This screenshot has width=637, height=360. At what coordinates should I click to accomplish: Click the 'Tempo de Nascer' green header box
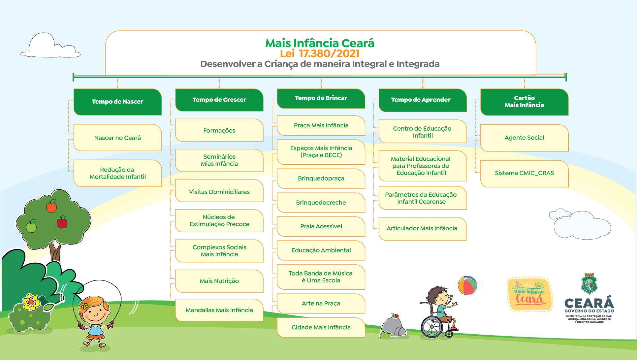(x=117, y=102)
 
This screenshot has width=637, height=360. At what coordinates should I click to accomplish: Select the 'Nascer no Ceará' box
(x=117, y=138)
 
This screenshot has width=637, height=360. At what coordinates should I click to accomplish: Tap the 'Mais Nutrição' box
(x=219, y=281)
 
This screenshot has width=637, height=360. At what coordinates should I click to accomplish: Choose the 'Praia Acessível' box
(x=321, y=226)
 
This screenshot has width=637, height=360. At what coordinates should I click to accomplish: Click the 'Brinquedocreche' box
(x=321, y=203)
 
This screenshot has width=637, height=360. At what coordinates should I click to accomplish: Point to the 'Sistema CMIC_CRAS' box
(x=524, y=173)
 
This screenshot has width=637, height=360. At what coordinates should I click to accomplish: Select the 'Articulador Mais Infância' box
(x=422, y=228)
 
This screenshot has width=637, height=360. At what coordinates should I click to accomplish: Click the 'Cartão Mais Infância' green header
(x=524, y=102)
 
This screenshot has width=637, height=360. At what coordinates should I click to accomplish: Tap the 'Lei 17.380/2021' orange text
(x=320, y=53)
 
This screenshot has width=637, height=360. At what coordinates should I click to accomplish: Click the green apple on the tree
(x=31, y=226)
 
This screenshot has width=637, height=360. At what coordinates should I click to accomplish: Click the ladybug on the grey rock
(x=395, y=315)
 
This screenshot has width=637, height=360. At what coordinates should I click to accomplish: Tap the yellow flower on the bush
(x=31, y=301)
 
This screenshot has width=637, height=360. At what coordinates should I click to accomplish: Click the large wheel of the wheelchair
(x=432, y=327)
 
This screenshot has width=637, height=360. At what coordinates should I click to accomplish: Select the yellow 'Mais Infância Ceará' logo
(x=529, y=294)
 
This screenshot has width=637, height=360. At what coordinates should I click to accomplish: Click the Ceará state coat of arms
(x=589, y=284)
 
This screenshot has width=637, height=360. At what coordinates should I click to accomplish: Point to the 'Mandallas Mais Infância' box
(x=219, y=310)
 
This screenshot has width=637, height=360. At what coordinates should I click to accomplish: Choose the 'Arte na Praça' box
(x=321, y=304)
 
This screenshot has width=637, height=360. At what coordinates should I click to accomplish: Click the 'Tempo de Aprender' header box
(x=422, y=100)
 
